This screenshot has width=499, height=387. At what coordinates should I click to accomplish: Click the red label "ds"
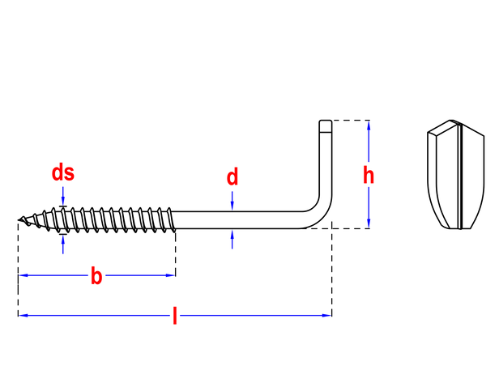tap(63, 173)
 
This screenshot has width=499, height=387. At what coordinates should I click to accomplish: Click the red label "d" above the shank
tap(232, 177)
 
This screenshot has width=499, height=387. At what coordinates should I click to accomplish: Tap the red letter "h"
tap(369, 175)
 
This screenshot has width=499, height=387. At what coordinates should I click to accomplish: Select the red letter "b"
tap(96, 276)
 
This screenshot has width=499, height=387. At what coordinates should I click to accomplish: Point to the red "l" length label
tap(175, 316)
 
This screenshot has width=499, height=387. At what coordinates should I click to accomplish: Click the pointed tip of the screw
tap(19, 219)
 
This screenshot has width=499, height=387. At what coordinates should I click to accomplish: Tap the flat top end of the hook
tap(326, 121)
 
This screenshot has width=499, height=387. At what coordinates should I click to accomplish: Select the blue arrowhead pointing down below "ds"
tap(63, 202)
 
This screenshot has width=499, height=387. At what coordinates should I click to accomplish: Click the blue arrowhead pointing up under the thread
tap(63, 239)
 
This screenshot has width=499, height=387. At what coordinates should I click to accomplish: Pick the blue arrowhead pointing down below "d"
tap(232, 206)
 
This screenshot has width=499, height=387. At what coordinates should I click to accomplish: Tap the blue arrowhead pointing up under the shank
tap(232, 234)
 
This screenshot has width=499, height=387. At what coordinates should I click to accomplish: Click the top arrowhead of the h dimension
tap(369, 125)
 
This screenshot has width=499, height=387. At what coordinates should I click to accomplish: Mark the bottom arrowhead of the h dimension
tap(369, 223)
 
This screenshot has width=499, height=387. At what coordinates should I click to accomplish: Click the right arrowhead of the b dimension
tap(171, 275)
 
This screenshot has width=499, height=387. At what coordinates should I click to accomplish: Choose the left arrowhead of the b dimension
tap(23, 275)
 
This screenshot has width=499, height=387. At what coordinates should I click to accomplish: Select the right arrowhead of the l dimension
tap(327, 316)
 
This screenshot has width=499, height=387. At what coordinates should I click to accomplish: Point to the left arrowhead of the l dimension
tap(23, 316)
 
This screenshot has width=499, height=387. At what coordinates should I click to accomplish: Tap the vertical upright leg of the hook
tap(326, 159)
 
